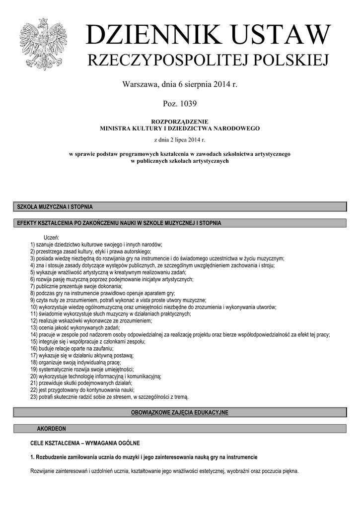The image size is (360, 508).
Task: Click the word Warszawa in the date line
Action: [140, 84]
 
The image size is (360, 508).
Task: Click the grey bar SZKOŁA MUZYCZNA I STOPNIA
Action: [179, 207]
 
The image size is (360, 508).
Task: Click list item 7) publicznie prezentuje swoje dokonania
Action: [75, 286]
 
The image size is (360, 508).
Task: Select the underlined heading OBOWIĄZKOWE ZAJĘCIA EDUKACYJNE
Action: [179, 413]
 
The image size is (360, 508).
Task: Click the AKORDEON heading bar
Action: [51, 428]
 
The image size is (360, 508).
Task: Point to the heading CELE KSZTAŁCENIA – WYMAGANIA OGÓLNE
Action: [85, 443]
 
